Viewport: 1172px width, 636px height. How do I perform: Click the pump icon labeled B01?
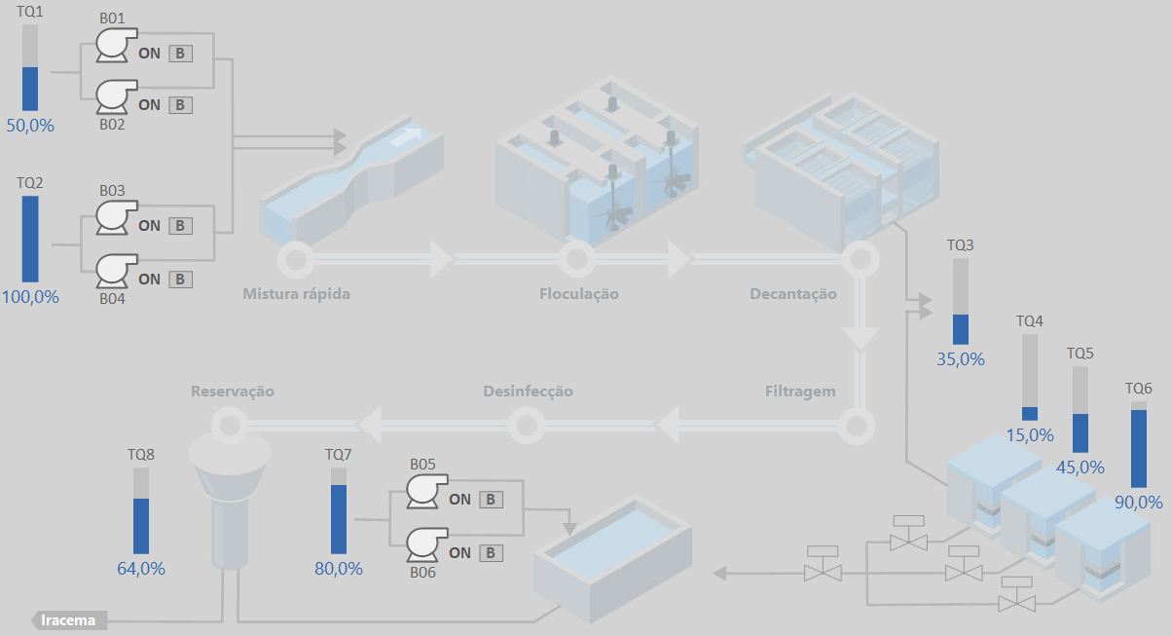click(116, 45)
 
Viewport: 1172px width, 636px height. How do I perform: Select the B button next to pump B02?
click(180, 105)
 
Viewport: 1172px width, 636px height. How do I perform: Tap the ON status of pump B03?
click(149, 226)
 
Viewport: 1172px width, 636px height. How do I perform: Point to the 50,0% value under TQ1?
click(30, 126)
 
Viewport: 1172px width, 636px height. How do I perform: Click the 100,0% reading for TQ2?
click(30, 297)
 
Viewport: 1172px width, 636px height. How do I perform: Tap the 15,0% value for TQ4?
click(1030, 435)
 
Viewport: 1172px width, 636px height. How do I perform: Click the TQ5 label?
click(1080, 354)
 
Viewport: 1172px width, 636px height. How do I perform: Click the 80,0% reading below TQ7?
click(339, 569)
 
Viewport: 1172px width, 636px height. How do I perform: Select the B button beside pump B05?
click(491, 500)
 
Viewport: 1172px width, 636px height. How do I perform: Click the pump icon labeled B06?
click(425, 543)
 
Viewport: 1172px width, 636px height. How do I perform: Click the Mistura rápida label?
click(296, 294)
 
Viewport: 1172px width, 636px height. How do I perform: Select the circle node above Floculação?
click(577, 260)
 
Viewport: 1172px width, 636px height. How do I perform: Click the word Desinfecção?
click(528, 392)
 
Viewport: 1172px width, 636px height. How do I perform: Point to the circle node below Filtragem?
click(858, 426)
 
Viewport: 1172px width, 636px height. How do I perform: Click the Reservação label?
click(233, 392)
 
